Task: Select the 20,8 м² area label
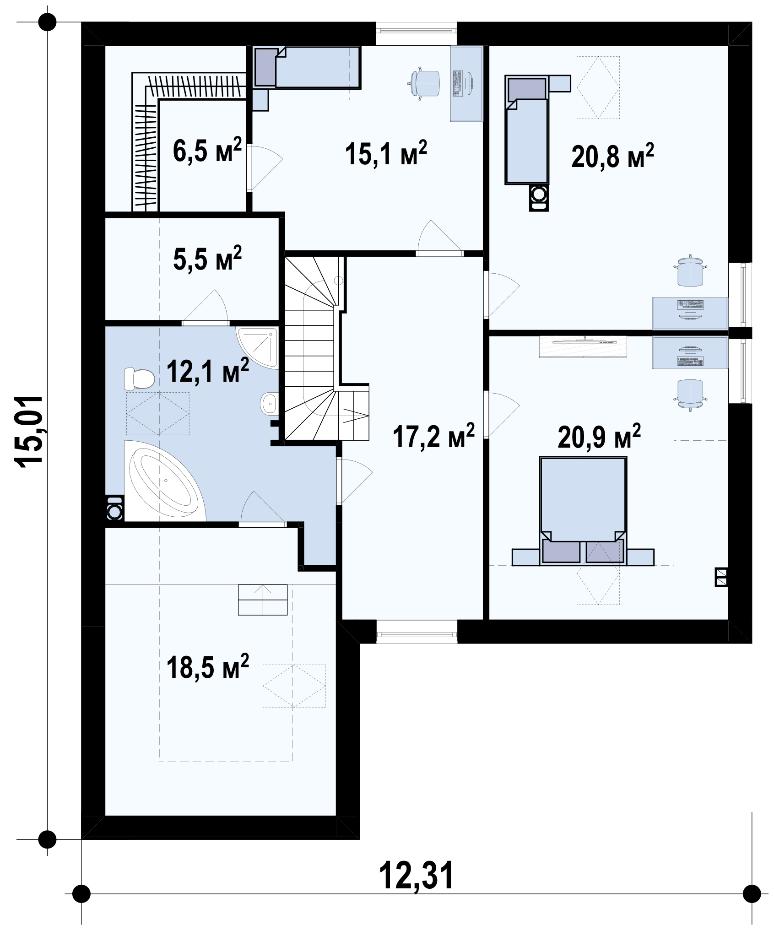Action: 612,156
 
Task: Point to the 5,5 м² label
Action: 207,259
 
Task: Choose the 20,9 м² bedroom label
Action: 599,437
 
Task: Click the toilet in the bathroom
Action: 139,379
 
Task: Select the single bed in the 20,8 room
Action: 527,130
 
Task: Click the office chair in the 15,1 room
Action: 425,83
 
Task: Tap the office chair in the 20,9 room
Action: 691,392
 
